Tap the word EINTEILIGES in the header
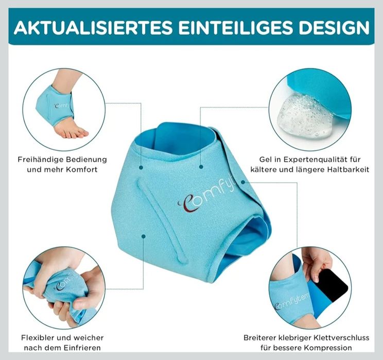237,27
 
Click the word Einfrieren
79,348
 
